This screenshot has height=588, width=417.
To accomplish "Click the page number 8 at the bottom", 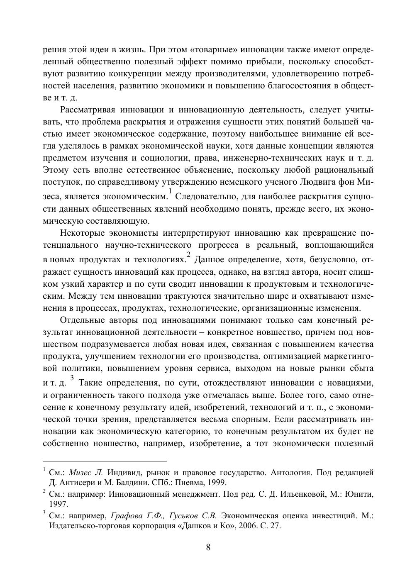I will (x=208, y=547).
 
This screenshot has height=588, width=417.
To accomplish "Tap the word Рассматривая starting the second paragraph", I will (x=87, y=110).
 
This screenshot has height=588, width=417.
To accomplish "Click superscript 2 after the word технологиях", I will (x=188, y=255).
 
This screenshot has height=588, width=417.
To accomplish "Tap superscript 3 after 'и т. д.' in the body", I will (x=72, y=378).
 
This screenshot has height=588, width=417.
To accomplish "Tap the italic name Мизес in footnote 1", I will (x=81, y=473).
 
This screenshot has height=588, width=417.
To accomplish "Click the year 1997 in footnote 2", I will (x=58, y=504).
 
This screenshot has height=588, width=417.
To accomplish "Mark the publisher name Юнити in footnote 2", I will (x=360, y=494).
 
